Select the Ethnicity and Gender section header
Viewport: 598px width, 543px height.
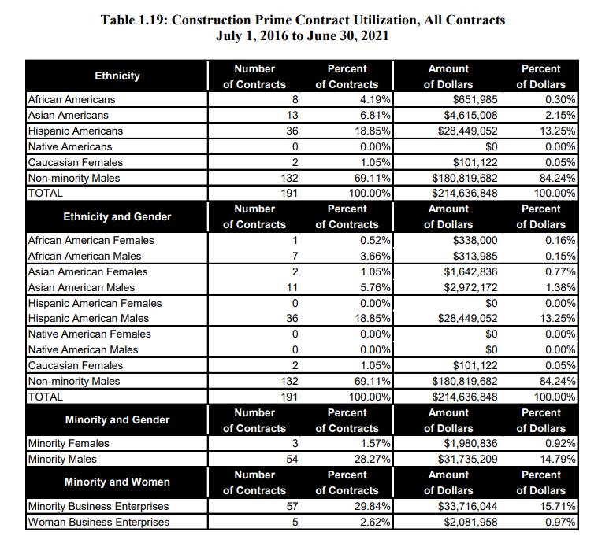(117, 216)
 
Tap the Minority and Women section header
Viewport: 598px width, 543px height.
(117, 482)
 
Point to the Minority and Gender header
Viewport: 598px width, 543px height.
(117, 419)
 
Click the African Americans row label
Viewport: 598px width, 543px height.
(72, 100)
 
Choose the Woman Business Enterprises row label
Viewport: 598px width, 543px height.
(98, 522)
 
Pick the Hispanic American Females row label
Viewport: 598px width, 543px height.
(95, 303)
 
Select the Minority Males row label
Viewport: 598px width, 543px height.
(64, 459)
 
